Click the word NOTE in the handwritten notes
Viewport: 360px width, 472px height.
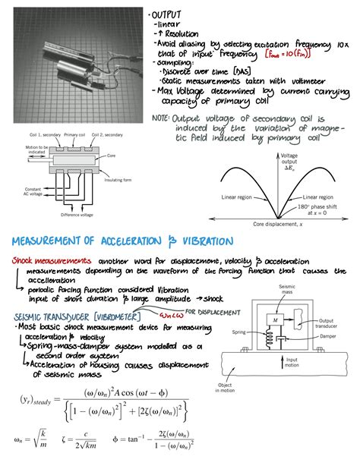161,119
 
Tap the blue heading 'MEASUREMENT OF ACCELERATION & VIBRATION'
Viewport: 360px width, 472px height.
123,241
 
